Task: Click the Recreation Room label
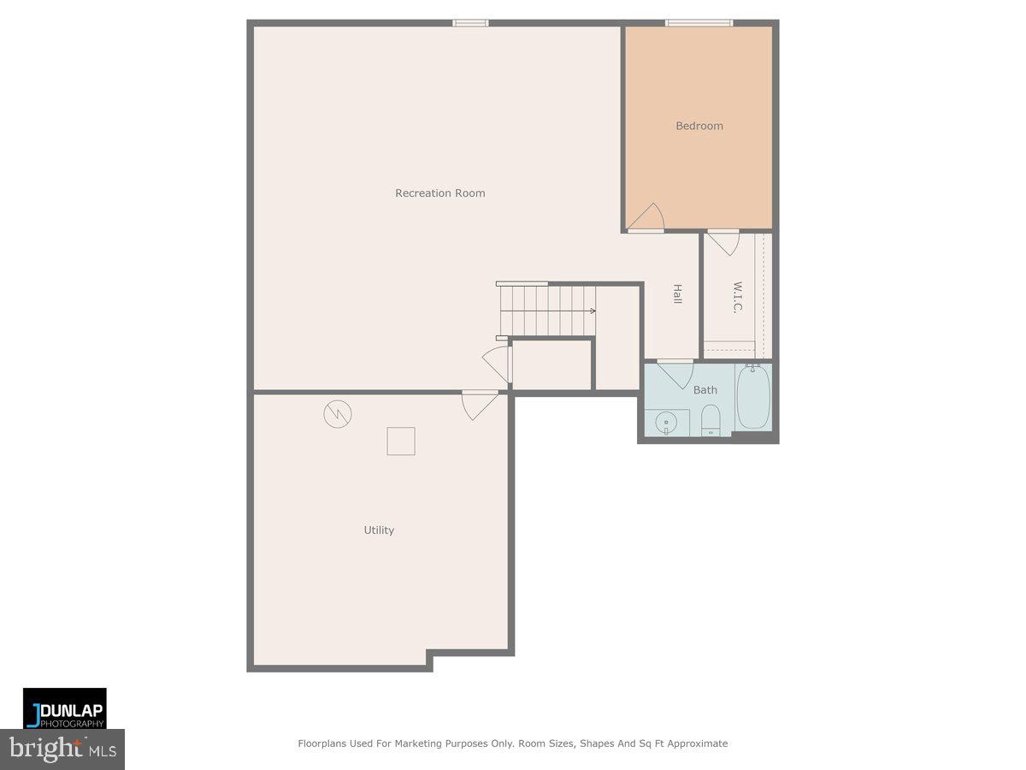[439, 193]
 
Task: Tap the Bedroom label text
[699, 126]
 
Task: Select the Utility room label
[379, 530]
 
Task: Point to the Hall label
[677, 294]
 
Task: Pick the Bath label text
[705, 390]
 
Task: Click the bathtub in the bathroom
[753, 398]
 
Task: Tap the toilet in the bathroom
[711, 420]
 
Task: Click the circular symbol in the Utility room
[337, 414]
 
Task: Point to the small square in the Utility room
[401, 441]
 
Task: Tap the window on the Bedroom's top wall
[699, 22]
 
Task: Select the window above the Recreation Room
[470, 22]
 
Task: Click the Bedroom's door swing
[647, 218]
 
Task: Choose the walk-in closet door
[724, 242]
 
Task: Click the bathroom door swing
[676, 373]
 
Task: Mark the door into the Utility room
[480, 404]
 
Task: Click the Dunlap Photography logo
[65, 708]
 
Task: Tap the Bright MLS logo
[62, 749]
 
